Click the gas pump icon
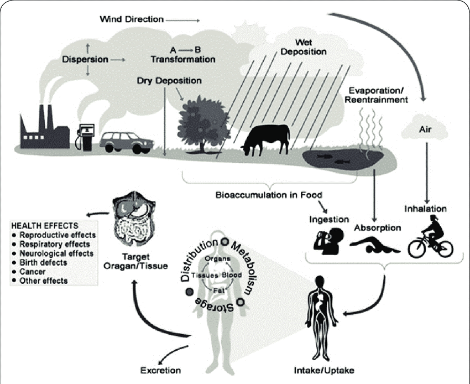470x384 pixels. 84,137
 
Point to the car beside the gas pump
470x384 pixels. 126,142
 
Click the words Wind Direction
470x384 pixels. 130,19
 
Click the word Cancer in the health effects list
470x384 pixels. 34,272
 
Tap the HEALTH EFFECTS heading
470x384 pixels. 46,226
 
